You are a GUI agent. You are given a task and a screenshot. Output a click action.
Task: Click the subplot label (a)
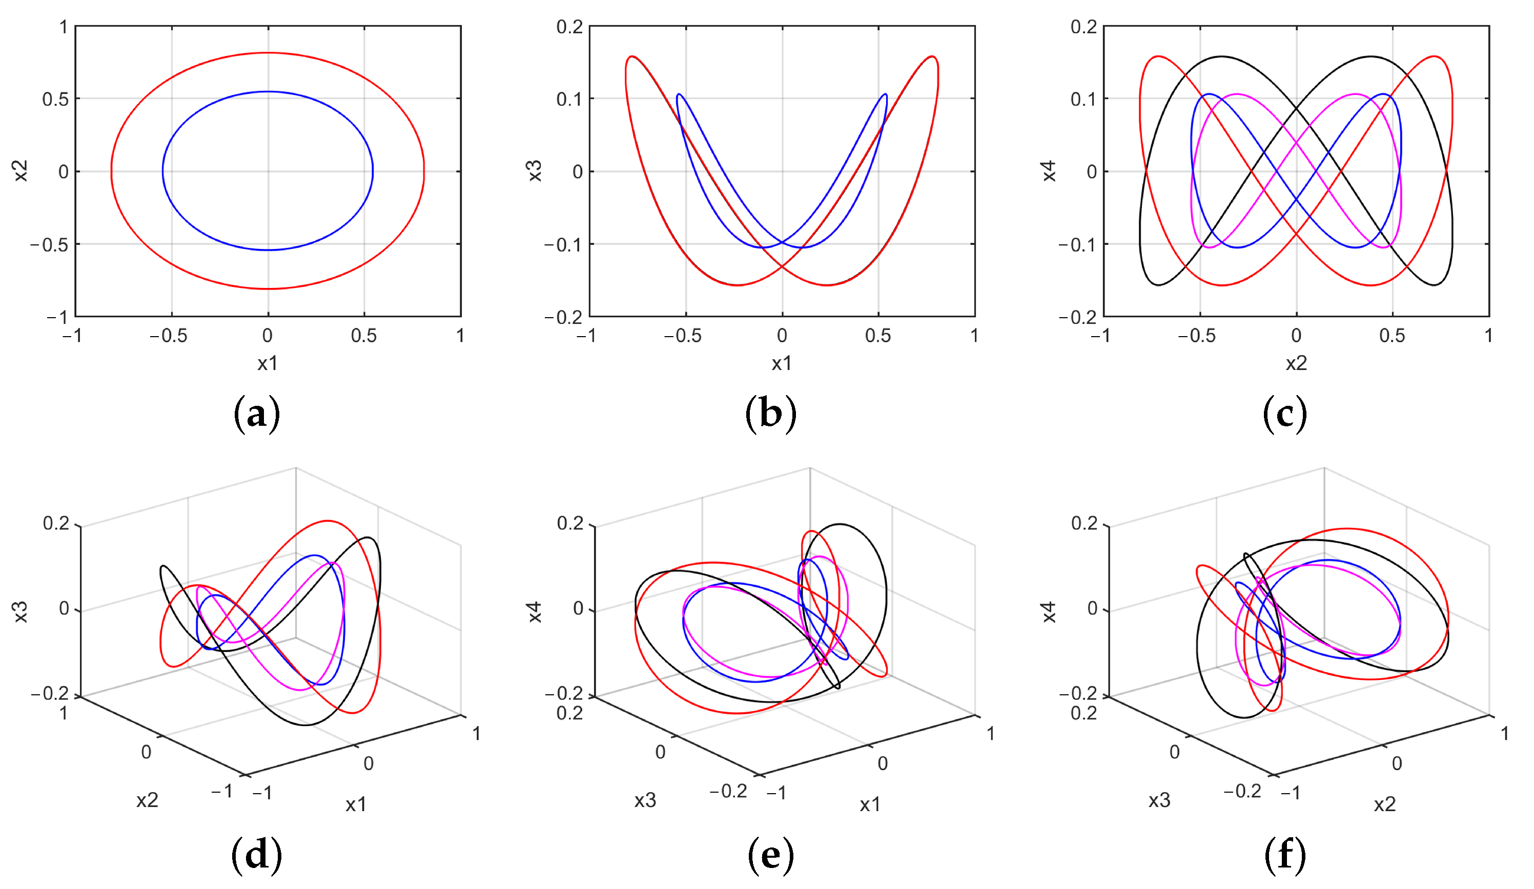pos(256,415)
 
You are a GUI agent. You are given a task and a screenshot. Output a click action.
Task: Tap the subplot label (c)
pos(1284,415)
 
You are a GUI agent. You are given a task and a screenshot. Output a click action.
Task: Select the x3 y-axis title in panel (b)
pos(535,171)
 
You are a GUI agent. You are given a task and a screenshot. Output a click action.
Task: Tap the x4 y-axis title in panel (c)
pos(1049,171)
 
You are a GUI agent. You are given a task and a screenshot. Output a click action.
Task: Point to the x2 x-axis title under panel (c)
pos(1296,363)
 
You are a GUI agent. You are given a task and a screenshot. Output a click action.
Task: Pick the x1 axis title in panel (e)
pos(870,805)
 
